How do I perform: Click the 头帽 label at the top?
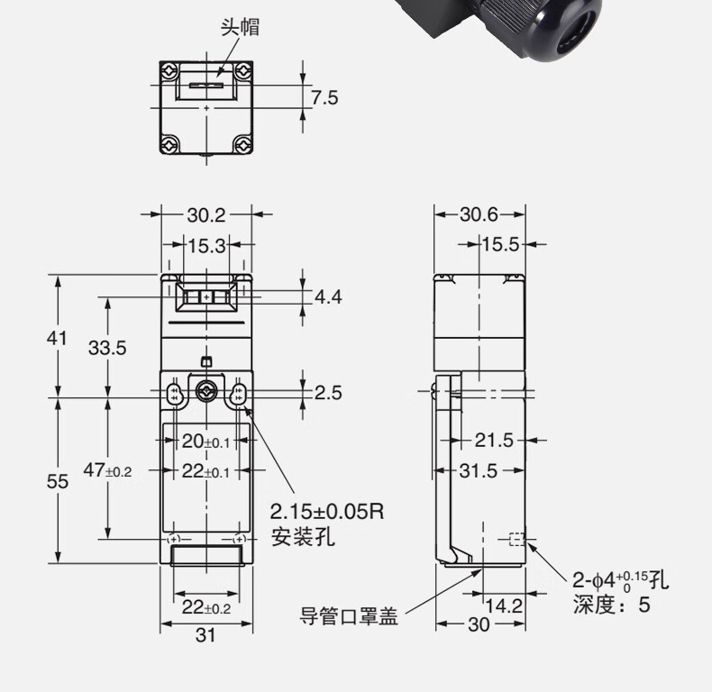[x=240, y=27]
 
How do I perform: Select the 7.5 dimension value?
[x=324, y=96]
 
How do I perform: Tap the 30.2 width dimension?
[x=206, y=214]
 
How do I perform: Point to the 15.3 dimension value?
[x=206, y=244]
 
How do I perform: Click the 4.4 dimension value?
[x=328, y=296]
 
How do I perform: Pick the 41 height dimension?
[x=58, y=337]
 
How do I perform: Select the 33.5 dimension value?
[x=106, y=348]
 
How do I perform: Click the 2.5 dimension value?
[x=328, y=392]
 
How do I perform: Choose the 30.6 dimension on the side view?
[x=479, y=214]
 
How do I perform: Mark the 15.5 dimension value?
[x=500, y=244]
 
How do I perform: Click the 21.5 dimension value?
[x=494, y=440]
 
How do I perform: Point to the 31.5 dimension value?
[x=479, y=470]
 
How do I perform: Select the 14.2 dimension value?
[x=504, y=605]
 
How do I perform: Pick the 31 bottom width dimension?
[x=206, y=635]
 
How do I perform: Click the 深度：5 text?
[x=611, y=605]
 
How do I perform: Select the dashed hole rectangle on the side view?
[x=516, y=540]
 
